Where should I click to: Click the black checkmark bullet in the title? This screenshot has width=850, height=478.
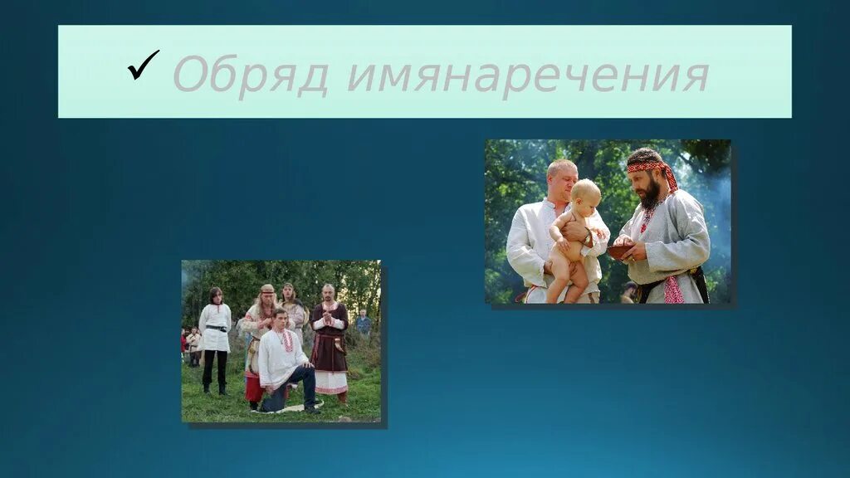[x=143, y=66]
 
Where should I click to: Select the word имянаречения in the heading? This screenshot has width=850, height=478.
[x=527, y=75]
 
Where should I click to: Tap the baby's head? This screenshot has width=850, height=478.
[x=586, y=194]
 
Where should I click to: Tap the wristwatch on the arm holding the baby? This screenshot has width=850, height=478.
[x=589, y=237]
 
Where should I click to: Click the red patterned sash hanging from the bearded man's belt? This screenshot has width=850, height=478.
[x=673, y=290]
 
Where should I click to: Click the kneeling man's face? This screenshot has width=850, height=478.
[x=281, y=320]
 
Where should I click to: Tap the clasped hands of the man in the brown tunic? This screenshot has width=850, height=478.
[x=328, y=319]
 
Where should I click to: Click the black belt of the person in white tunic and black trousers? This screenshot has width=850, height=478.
[x=216, y=329]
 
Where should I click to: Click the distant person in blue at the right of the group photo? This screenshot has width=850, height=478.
[x=363, y=323]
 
